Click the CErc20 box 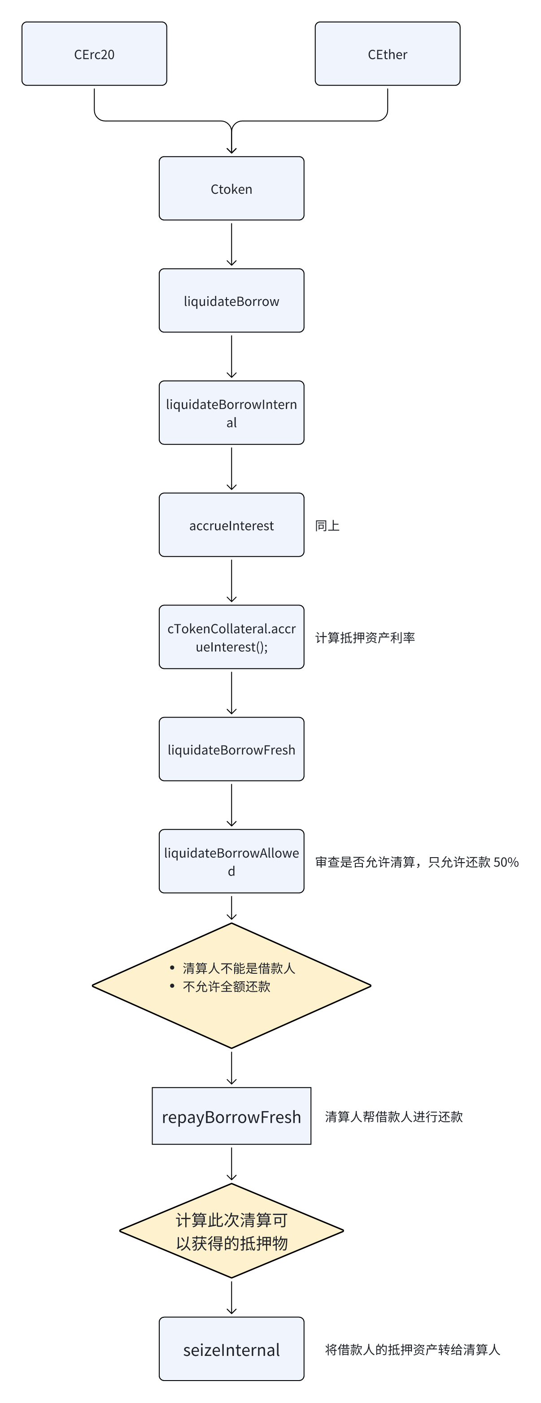94,54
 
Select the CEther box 388,54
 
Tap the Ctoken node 231,188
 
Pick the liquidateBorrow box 231,301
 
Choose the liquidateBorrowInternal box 231,413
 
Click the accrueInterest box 231,525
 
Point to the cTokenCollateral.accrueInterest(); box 231,637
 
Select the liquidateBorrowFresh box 231,749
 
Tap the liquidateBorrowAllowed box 231,862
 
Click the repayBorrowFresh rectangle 231,1116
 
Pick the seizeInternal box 231,1349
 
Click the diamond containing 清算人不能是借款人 231,986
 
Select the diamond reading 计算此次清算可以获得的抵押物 231,1231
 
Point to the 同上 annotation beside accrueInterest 327,526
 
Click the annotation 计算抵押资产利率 365,638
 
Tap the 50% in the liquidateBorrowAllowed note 506,862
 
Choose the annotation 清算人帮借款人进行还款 394,1116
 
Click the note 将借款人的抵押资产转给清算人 412,1350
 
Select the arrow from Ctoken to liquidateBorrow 231,244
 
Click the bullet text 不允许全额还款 227,986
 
